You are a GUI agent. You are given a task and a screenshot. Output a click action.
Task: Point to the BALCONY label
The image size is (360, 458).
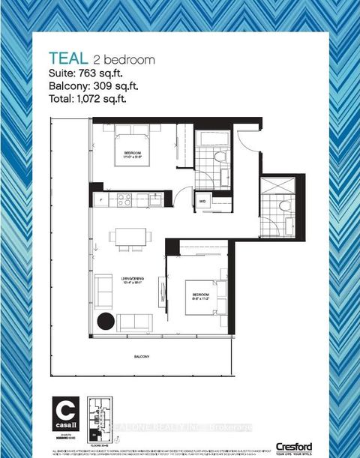[136, 355]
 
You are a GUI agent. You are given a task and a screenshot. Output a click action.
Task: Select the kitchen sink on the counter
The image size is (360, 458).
[154, 199]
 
